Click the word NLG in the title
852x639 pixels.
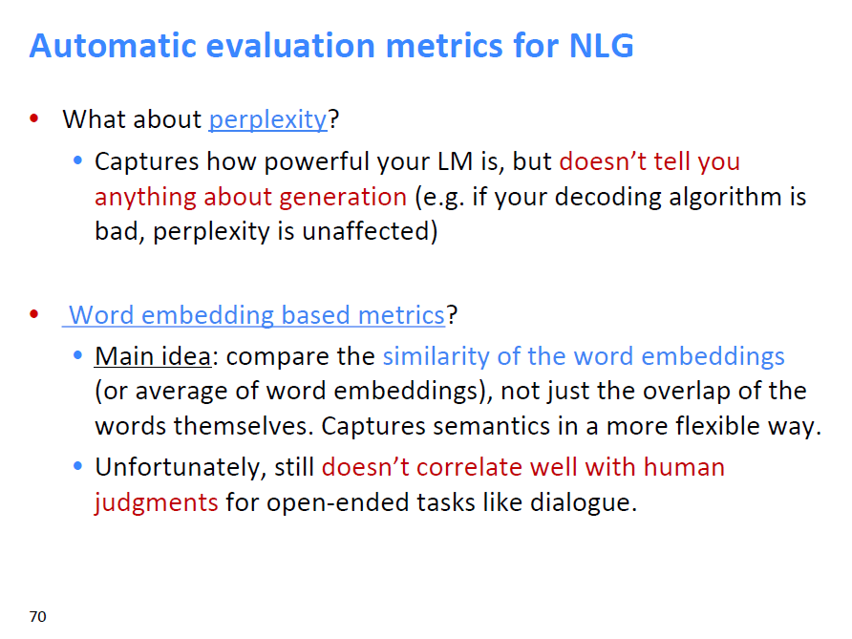pos(601,45)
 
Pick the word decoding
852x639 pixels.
pos(608,198)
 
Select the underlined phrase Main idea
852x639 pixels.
pos(153,356)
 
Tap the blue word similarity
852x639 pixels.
pos(437,357)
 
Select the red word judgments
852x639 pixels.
pos(156,502)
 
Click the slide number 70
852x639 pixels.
pos(37,617)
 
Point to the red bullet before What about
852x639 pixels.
pos(34,118)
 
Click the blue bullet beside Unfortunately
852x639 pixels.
pos(77,466)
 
